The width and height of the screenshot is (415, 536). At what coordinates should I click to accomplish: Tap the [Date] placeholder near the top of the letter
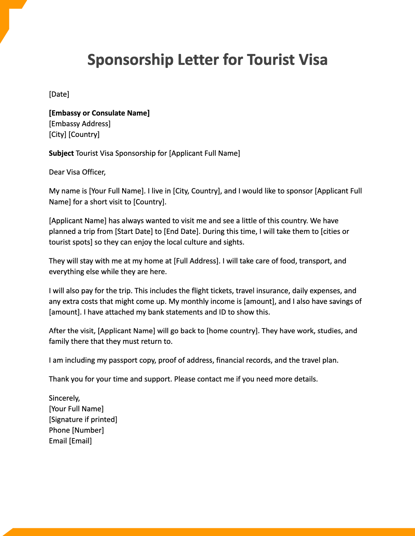(x=59, y=94)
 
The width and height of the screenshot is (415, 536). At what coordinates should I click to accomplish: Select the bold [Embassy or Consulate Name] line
(x=99, y=113)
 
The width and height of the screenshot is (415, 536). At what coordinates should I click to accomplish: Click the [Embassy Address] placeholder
(x=80, y=124)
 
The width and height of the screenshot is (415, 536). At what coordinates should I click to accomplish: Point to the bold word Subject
(x=61, y=153)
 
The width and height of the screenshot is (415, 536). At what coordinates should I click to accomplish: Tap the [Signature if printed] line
(x=83, y=419)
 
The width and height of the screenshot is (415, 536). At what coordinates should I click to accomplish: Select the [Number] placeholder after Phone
(x=88, y=430)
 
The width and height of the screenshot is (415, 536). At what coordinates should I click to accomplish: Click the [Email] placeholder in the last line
(x=80, y=441)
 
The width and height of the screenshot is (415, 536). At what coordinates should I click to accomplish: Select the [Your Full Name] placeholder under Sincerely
(x=76, y=409)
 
